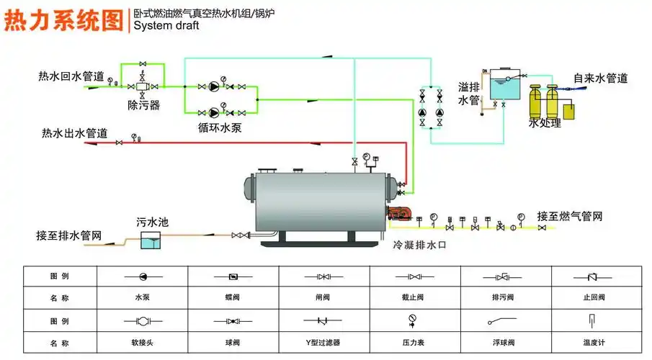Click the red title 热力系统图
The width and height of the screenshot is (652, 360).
point(63,20)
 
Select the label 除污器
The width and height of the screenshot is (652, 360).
point(143,105)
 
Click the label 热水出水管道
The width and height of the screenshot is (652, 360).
point(74,133)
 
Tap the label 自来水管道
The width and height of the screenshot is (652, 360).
point(600,78)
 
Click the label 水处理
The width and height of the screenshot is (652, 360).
point(544,123)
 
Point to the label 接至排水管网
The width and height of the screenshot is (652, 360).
point(69,235)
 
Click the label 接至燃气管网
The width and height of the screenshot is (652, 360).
point(569,216)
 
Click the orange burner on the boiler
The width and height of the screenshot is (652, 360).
point(399,213)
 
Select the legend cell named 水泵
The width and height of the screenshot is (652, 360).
point(142,297)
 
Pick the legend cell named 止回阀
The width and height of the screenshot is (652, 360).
point(594,297)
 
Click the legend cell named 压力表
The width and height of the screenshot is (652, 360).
point(414,343)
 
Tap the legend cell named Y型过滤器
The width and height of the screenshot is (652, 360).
point(323,343)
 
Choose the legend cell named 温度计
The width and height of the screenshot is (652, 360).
point(594,343)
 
